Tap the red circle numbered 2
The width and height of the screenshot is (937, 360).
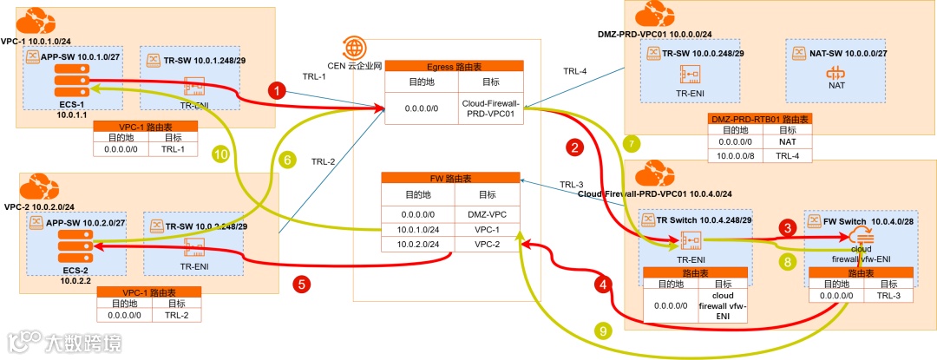573,148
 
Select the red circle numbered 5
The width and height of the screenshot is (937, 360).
300,283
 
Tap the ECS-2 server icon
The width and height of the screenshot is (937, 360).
66,248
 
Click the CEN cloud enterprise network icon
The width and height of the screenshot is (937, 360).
354,47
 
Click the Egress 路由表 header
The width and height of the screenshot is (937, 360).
455,65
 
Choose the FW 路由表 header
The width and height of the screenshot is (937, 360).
450,178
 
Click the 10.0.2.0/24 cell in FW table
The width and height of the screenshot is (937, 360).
417,245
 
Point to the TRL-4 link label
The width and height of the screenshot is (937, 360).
575,71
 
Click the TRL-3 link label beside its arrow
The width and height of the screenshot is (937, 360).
572,184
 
